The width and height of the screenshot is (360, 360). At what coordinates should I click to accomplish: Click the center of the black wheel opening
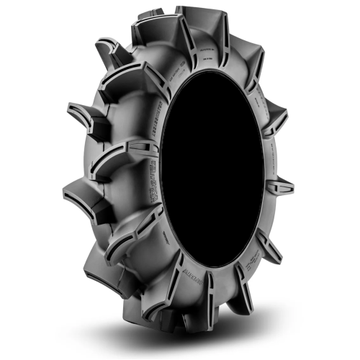pos(212,176)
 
